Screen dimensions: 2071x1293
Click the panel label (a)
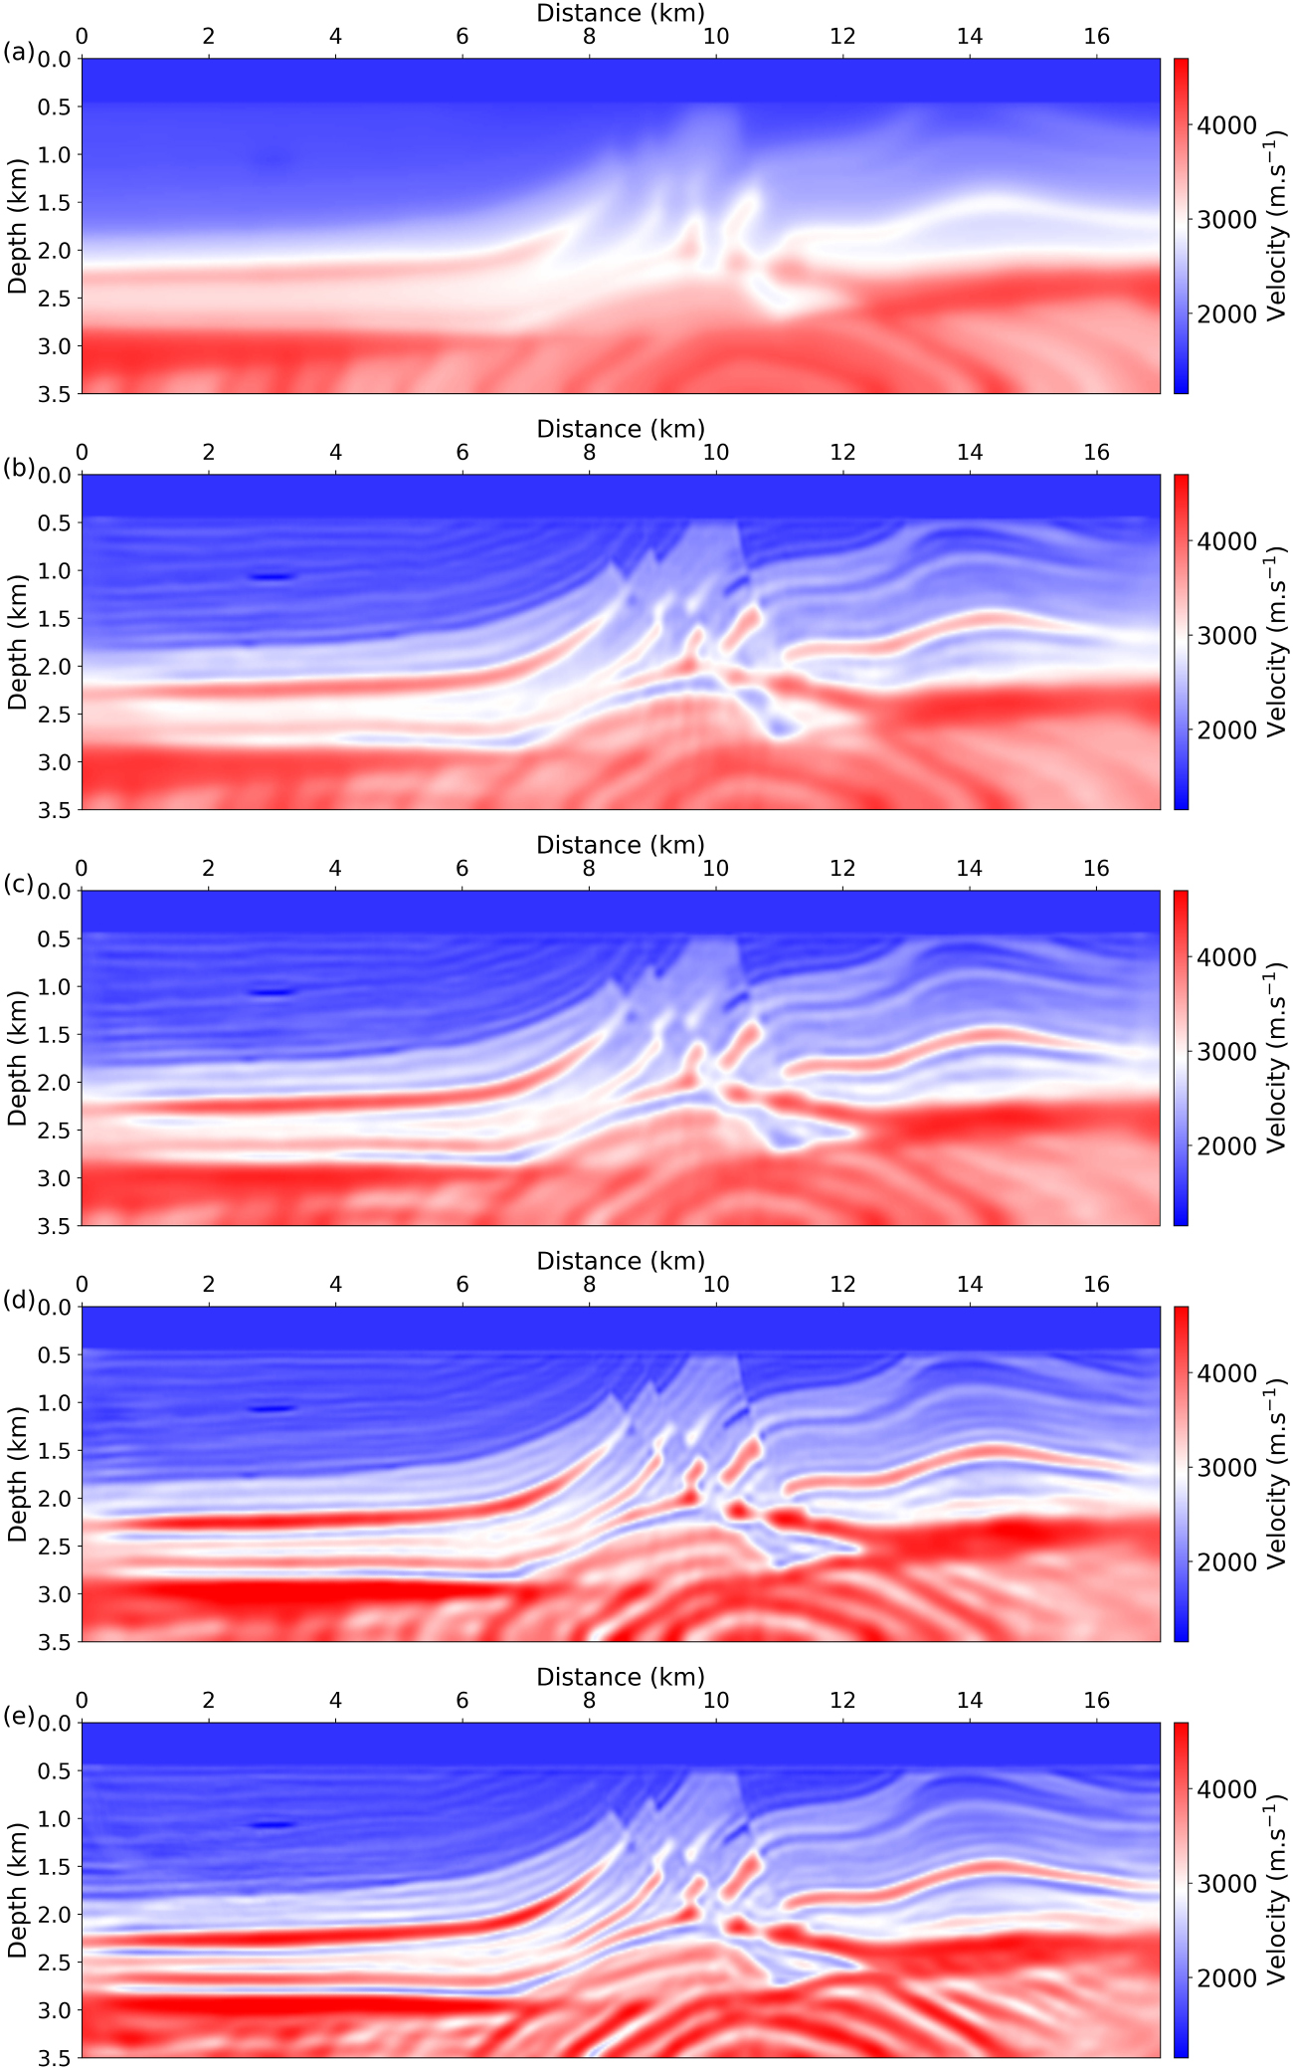tap(19, 53)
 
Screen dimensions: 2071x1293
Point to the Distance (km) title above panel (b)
tap(621, 429)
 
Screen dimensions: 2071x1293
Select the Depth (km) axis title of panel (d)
tap(17, 1474)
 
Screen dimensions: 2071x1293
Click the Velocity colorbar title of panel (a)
tap(1277, 227)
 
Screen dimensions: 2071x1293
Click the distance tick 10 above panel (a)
tap(715, 37)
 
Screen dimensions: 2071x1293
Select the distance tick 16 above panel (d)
tap(1096, 1285)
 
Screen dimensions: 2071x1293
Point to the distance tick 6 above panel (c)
tap(462, 869)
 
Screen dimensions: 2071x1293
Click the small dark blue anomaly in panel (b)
tap(272, 576)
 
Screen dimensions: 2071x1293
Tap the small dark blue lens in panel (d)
tap(272, 1408)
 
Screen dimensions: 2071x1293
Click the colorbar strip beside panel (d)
tap(1181, 1474)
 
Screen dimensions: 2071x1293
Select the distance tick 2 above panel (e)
tap(209, 1701)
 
